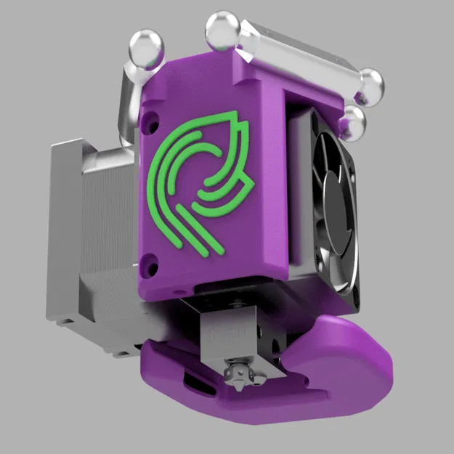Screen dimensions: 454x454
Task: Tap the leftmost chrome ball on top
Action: click(146, 49)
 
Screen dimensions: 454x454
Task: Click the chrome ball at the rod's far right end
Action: click(370, 82)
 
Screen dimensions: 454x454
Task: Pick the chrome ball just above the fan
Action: click(354, 121)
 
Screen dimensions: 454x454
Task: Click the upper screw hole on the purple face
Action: click(150, 117)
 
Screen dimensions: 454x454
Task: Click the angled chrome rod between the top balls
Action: click(298, 54)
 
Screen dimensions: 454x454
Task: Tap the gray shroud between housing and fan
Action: click(299, 189)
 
